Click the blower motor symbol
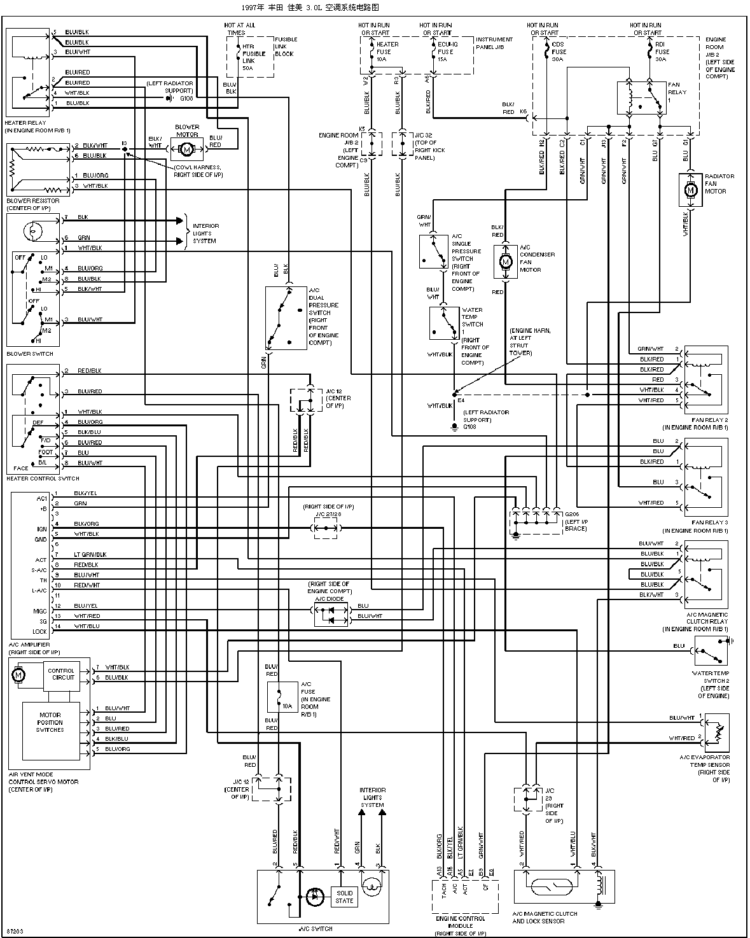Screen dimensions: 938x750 click(x=187, y=149)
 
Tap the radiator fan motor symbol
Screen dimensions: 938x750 click(x=690, y=190)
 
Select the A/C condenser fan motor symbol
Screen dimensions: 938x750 click(x=506, y=262)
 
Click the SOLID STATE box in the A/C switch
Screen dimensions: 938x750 click(x=344, y=897)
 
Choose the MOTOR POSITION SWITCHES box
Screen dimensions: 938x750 click(x=50, y=722)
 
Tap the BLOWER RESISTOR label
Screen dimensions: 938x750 click(x=32, y=201)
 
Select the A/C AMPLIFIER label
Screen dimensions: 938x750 click(x=29, y=645)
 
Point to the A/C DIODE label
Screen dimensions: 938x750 click(x=329, y=599)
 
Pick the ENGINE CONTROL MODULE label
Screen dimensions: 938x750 click(x=461, y=922)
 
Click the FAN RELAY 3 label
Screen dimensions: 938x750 click(x=711, y=522)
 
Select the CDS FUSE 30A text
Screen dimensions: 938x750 click(x=558, y=52)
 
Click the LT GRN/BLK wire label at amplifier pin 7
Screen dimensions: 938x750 click(x=90, y=554)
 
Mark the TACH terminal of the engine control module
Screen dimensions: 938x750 click(x=443, y=890)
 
